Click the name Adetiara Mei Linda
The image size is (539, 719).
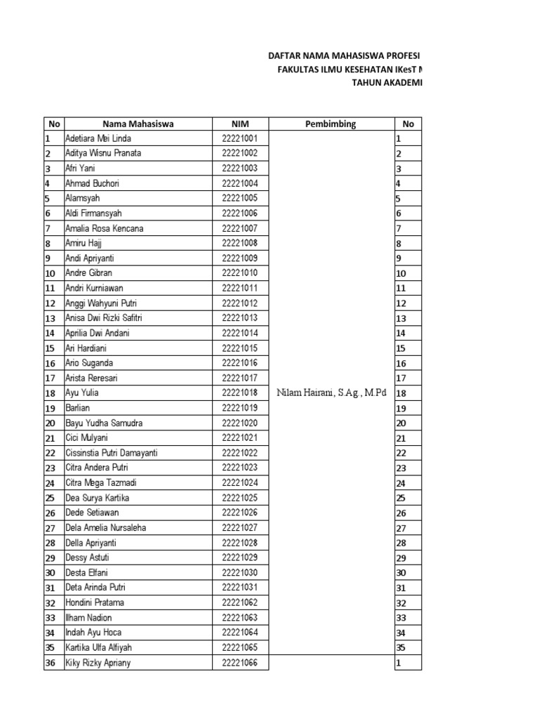click(98, 139)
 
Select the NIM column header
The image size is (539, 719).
click(239, 124)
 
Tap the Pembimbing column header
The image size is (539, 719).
click(331, 124)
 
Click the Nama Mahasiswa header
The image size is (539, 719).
click(138, 124)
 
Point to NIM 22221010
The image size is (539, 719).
click(239, 273)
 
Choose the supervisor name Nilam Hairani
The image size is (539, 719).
click(331, 393)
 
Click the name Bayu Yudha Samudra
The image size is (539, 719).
click(104, 423)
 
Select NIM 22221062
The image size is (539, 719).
click(239, 602)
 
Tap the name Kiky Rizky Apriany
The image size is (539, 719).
click(98, 663)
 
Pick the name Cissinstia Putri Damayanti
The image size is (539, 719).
click(111, 453)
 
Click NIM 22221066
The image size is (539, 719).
click(239, 663)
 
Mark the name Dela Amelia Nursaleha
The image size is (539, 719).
click(105, 528)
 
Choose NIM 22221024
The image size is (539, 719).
click(239, 483)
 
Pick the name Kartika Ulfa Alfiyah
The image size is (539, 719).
click(98, 647)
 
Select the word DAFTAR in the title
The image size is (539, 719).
click(286, 55)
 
